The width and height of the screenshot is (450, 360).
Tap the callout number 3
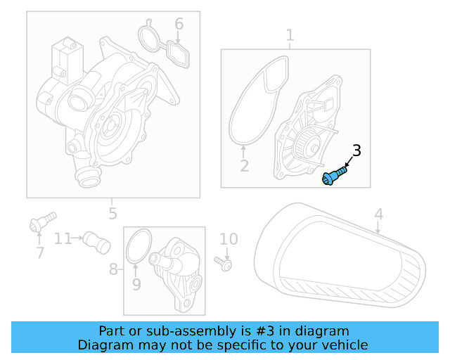[x=356, y=150]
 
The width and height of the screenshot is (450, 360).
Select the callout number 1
[x=290, y=35]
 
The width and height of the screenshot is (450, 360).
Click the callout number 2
[x=244, y=166]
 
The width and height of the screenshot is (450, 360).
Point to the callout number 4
[x=378, y=214]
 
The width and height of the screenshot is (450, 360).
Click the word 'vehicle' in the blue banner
[x=344, y=345]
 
